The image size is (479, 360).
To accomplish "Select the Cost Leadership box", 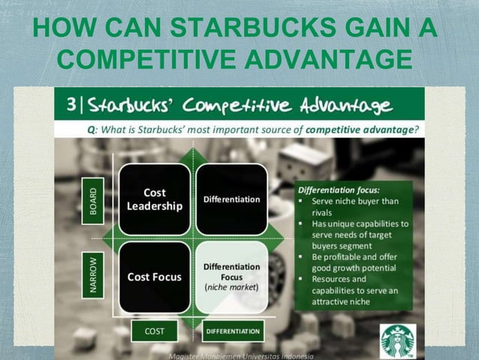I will (155, 199).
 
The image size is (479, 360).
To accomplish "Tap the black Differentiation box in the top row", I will (231, 199).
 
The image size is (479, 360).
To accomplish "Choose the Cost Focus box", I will (155, 277).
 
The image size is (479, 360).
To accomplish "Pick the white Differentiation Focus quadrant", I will (231, 277).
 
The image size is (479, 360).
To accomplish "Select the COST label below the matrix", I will (154, 331).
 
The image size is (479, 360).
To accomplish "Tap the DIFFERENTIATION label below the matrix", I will (232, 331).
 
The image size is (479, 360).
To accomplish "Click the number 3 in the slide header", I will (71, 104).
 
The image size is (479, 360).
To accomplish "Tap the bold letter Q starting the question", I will (91, 129).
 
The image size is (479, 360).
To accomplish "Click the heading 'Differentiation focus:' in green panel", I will (332, 189).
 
